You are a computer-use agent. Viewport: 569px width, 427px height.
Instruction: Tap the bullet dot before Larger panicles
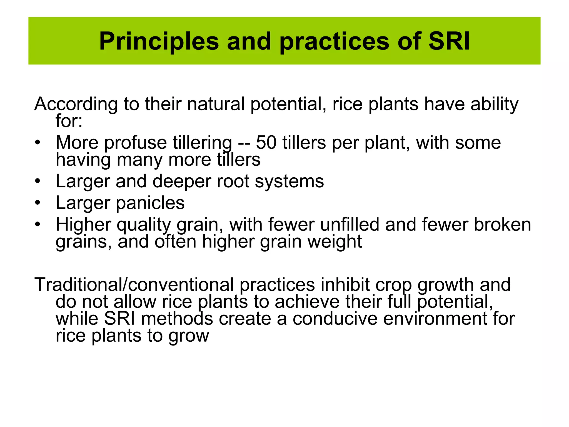[38, 203]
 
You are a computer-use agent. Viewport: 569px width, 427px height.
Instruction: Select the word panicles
[150, 203]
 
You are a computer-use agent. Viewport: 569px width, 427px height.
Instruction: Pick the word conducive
[335, 319]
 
